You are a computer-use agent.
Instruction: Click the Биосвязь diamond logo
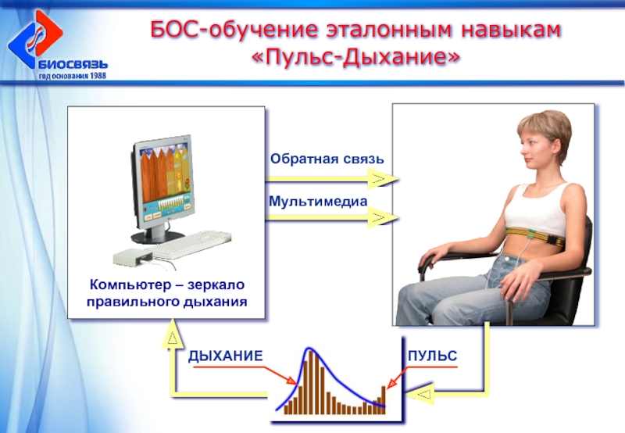click(x=35, y=39)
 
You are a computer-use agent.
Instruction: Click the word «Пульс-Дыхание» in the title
click(x=356, y=56)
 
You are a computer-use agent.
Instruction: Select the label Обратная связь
click(x=327, y=159)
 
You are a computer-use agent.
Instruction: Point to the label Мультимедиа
click(x=318, y=201)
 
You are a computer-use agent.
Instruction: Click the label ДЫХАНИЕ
click(x=225, y=356)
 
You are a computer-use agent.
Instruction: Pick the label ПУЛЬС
click(x=433, y=356)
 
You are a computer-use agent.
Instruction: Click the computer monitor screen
click(x=164, y=182)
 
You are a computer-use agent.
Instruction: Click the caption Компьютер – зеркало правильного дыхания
click(x=166, y=293)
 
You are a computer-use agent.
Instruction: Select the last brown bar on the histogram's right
click(x=384, y=400)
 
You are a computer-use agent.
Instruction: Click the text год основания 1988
click(x=73, y=75)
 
